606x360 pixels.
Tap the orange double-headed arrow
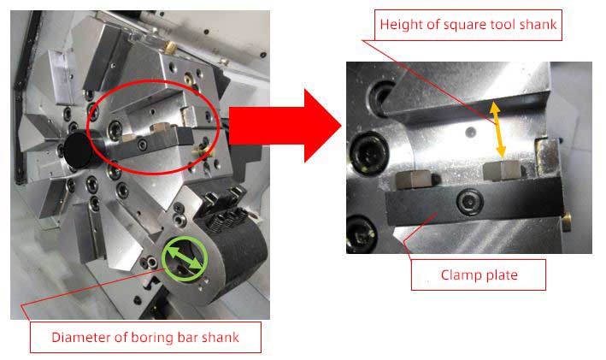(497, 129)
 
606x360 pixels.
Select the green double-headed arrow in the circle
(185, 259)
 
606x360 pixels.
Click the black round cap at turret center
(79, 150)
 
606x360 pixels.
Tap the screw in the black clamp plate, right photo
(469, 201)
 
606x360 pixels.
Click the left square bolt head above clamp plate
(413, 180)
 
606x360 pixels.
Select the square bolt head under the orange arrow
(502, 171)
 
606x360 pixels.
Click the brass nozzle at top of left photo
(170, 48)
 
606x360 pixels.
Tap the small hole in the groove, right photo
(470, 133)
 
